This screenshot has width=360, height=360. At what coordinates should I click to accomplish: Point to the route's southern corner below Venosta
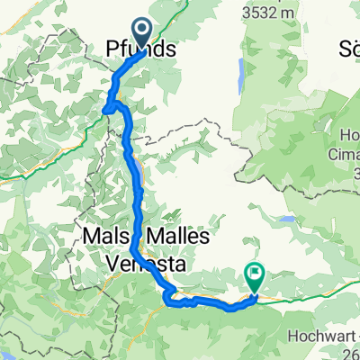click(x=171, y=302)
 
